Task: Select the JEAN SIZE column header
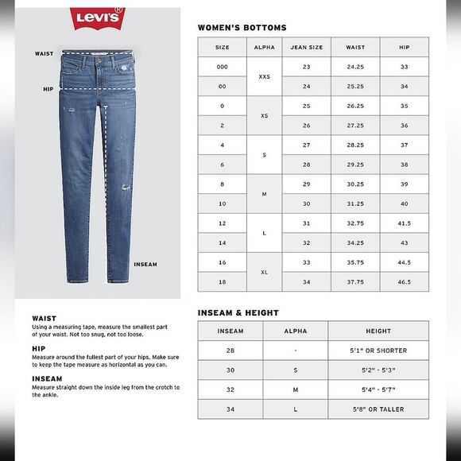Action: pos(306,48)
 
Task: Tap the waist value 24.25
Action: pos(355,67)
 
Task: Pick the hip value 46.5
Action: pos(405,281)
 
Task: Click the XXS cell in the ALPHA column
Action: pos(265,77)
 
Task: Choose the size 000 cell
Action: pos(223,67)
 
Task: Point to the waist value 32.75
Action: pos(355,223)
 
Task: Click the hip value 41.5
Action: pos(405,223)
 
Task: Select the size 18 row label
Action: pos(223,281)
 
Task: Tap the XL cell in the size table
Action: pos(265,272)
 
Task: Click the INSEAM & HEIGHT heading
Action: pos(238,313)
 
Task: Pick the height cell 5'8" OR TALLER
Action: pos(378,409)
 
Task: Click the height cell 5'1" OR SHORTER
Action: pos(378,351)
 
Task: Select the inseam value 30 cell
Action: pos(230,370)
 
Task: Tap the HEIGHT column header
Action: pos(378,331)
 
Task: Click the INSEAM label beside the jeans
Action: pos(145,265)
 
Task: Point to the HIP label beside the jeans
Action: pos(48,89)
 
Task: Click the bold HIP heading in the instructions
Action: pos(39,348)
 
